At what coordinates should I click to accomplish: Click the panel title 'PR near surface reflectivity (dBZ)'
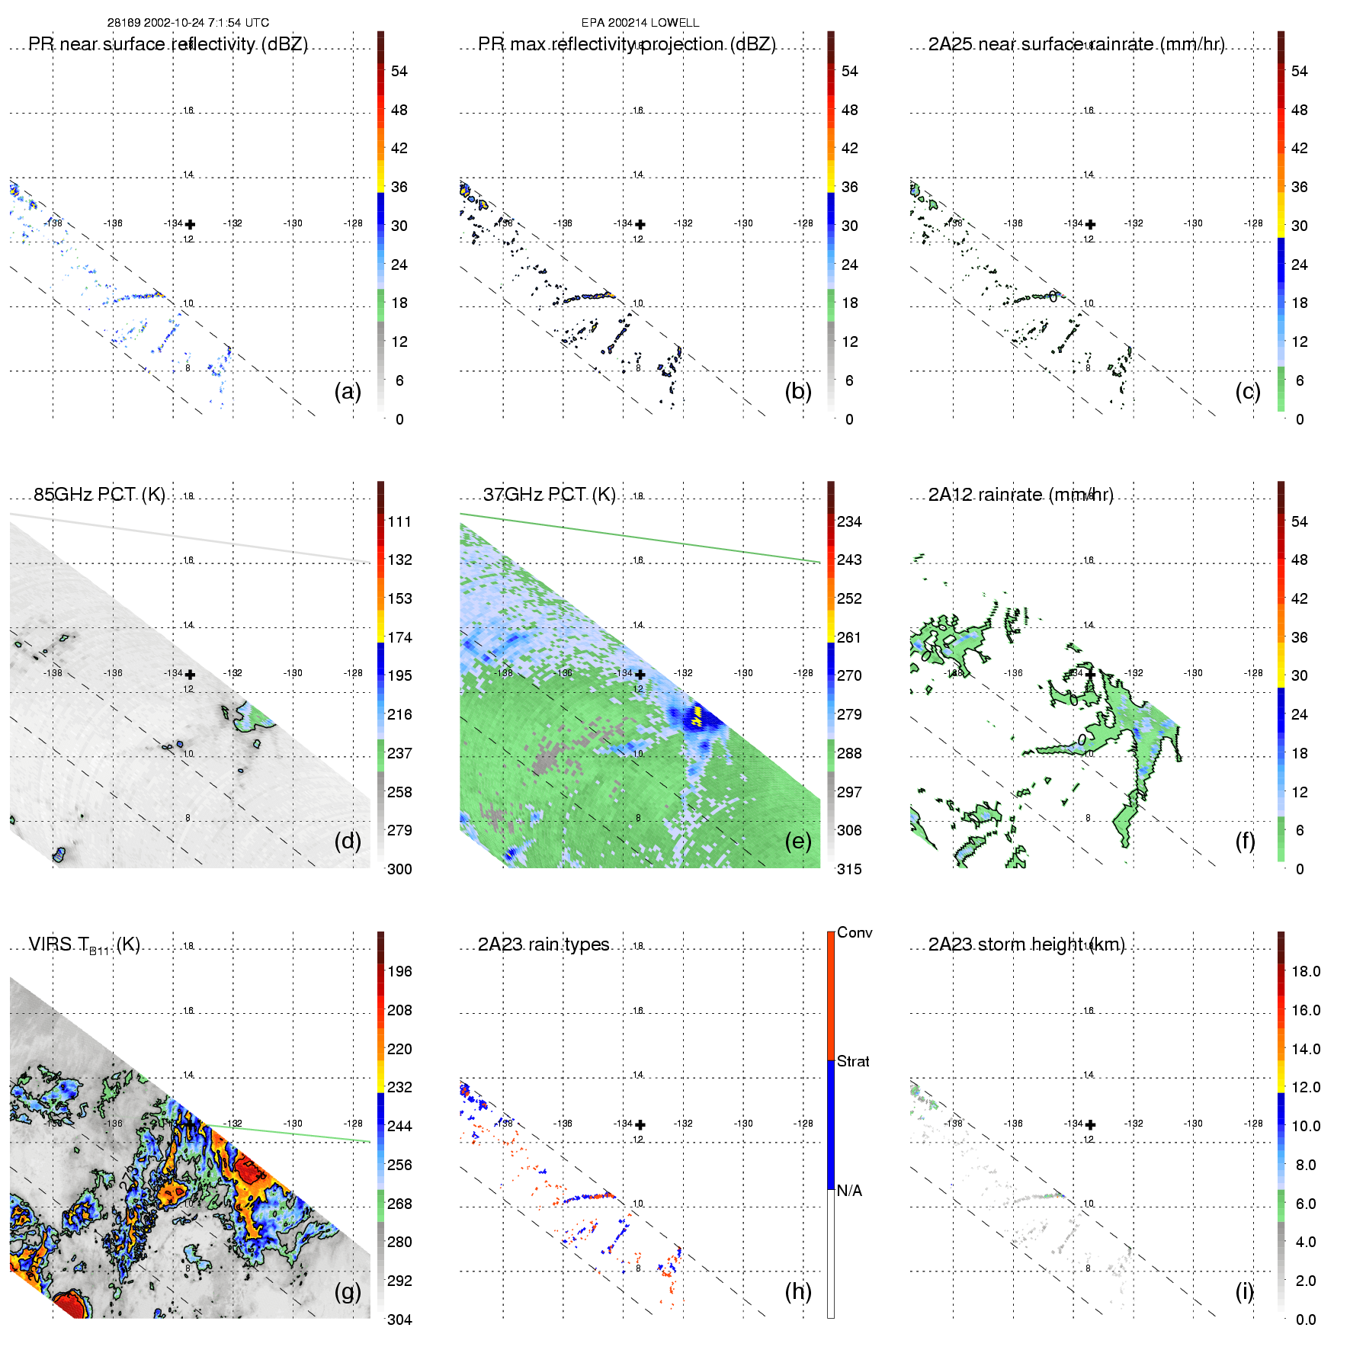point(168,44)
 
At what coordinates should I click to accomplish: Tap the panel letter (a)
point(348,391)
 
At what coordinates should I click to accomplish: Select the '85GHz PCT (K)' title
point(99,495)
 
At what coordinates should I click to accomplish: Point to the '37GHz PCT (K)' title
point(549,495)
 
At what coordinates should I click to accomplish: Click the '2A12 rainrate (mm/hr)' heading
point(1021,495)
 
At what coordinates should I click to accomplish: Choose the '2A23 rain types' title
point(544,944)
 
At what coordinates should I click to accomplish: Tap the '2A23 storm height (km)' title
point(1026,944)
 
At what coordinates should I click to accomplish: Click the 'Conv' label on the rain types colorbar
point(855,932)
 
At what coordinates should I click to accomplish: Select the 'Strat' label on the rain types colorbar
point(853,1061)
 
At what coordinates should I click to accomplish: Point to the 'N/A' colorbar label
point(849,1191)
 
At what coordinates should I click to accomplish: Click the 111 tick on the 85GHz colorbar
point(399,521)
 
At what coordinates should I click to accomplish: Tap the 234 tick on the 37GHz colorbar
point(849,521)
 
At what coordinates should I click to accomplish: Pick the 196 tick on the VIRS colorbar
point(399,971)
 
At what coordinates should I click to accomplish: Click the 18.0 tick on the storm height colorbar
point(1306,971)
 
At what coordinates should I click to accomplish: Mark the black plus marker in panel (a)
point(190,224)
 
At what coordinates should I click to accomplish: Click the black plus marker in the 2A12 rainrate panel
point(1091,674)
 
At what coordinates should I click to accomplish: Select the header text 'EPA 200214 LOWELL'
point(640,23)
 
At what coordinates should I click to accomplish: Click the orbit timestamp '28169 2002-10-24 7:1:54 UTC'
point(188,23)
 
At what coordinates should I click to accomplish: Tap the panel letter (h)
point(798,1291)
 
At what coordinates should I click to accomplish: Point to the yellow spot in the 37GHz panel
point(696,717)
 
